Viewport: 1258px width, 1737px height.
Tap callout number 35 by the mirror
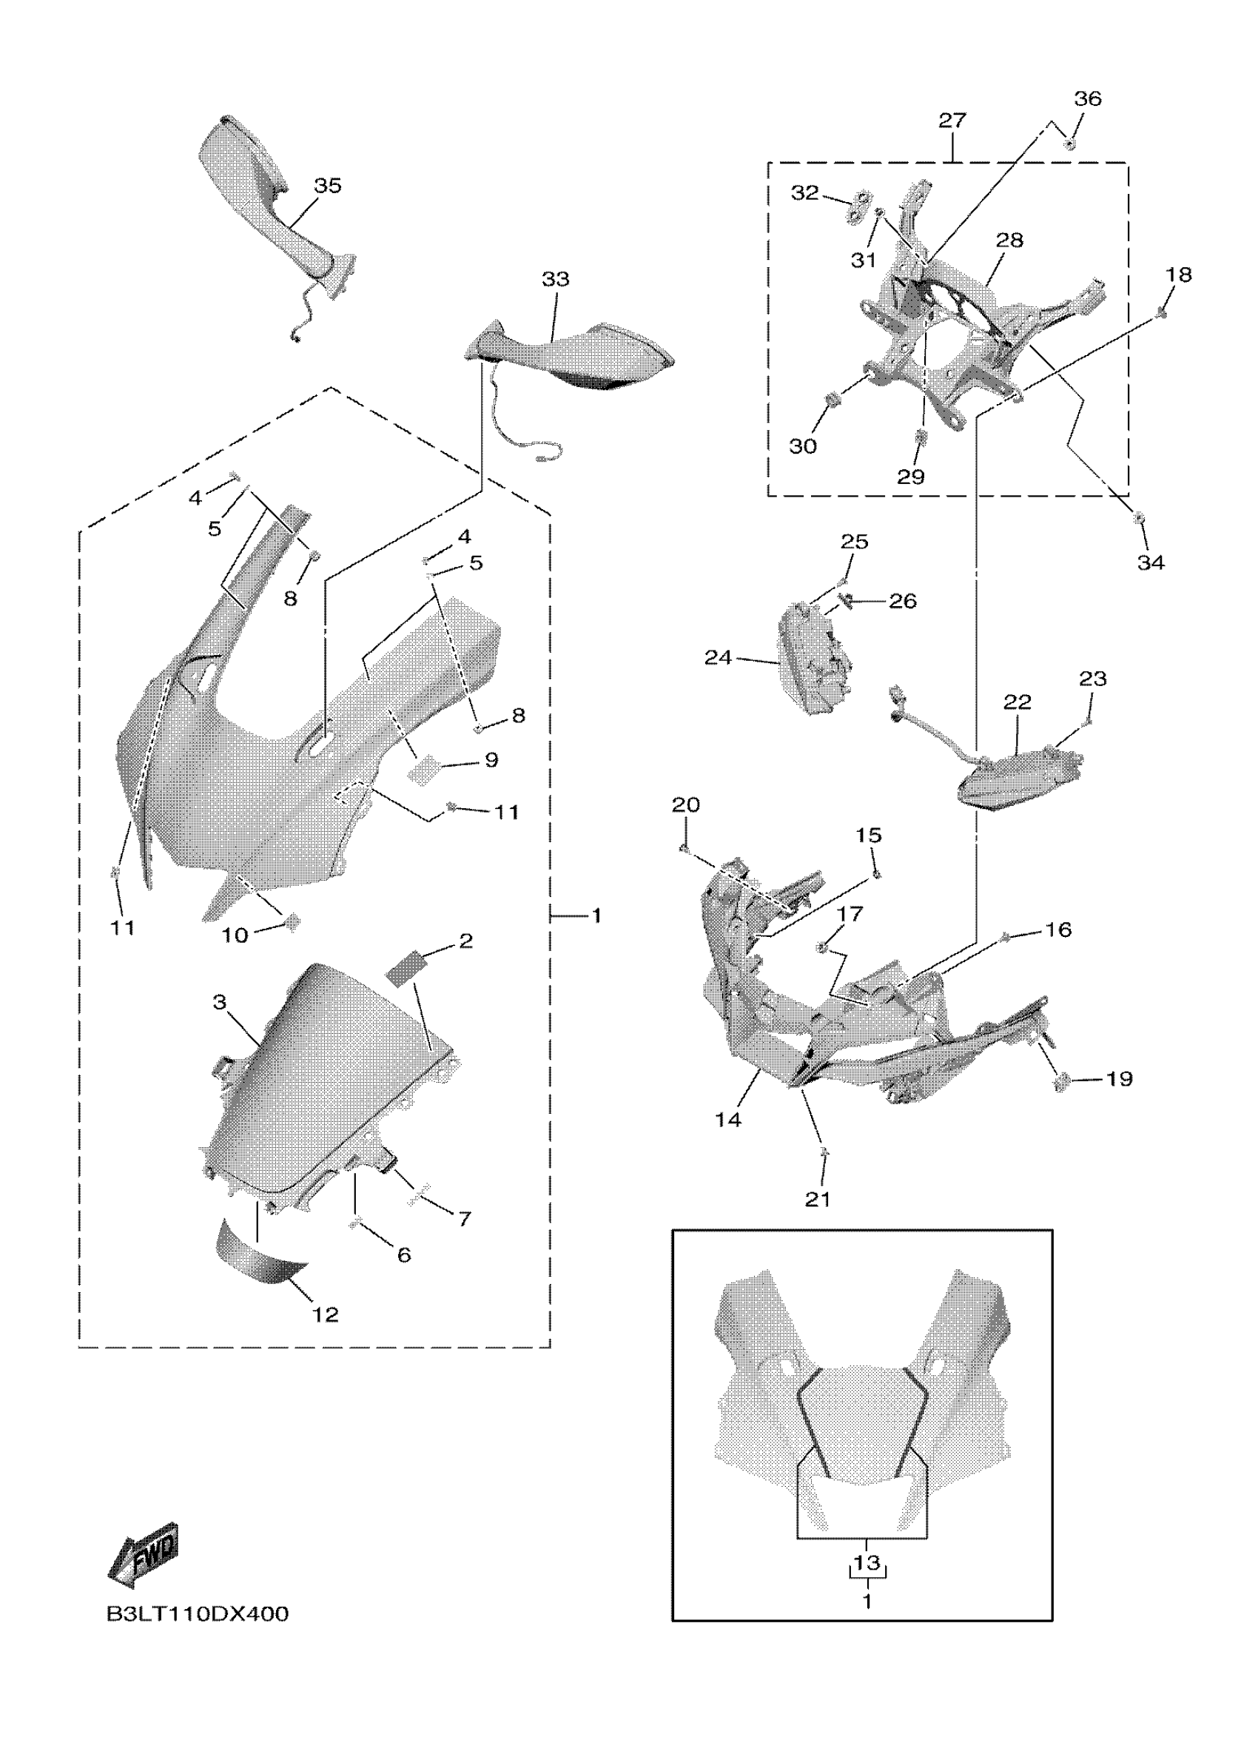(328, 186)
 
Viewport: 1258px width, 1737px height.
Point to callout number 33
(555, 280)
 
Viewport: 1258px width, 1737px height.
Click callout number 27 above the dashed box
(952, 120)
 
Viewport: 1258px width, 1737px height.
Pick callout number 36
(1087, 98)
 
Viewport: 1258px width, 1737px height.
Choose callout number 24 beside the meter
(719, 658)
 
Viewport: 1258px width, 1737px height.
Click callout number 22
(1017, 702)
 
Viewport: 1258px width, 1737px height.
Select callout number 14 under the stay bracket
(728, 1120)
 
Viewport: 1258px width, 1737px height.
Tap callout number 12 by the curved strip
(326, 1315)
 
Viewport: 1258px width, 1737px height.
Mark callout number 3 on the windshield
(220, 1003)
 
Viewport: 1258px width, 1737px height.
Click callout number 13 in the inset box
(867, 1563)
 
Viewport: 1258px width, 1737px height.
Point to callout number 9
(491, 760)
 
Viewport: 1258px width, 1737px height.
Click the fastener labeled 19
(1062, 1082)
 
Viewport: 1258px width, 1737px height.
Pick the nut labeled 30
(831, 400)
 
